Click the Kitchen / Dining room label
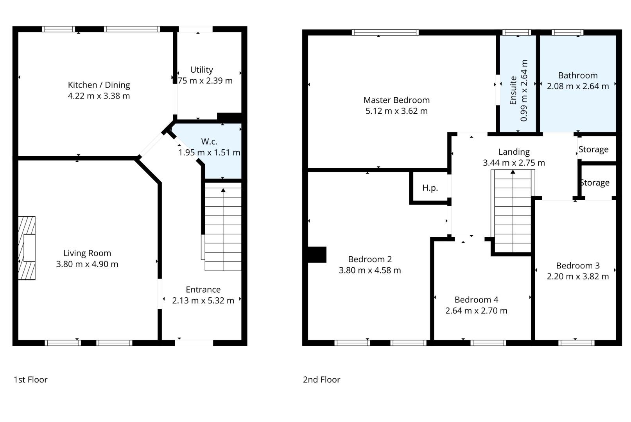click(x=99, y=85)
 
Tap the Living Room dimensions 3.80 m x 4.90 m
click(x=87, y=264)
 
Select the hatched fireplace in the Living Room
click(x=27, y=248)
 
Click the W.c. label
click(x=209, y=141)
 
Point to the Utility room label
click(x=201, y=70)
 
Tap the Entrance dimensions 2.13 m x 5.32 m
click(x=203, y=300)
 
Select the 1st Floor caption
click(x=31, y=379)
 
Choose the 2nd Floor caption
click(x=321, y=379)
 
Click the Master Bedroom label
click(x=396, y=100)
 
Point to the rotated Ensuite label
click(x=513, y=90)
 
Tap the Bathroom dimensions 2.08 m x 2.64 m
click(x=578, y=86)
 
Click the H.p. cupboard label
click(x=430, y=188)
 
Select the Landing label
click(x=514, y=152)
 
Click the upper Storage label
click(x=593, y=149)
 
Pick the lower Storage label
click(x=595, y=182)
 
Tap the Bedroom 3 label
click(x=578, y=265)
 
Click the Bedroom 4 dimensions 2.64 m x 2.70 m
click(x=476, y=311)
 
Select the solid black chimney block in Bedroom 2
click(x=317, y=254)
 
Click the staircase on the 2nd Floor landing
click(x=513, y=211)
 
